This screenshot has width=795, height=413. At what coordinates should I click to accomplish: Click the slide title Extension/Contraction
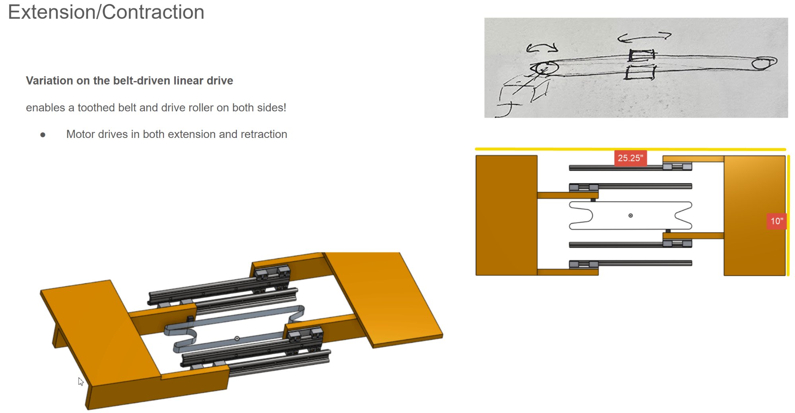coord(106,12)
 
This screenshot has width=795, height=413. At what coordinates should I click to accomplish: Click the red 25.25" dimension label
coord(630,158)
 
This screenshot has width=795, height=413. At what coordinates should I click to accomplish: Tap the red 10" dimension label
coord(776,221)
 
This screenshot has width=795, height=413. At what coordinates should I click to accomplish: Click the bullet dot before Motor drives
coord(43,135)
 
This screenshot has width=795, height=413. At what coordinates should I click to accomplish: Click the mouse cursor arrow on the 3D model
coord(81,382)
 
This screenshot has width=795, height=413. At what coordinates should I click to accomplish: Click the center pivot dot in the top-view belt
coord(630,215)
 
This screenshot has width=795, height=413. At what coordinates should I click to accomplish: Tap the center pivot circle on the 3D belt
coord(237,338)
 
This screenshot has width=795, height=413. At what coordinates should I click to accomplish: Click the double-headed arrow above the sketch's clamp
coord(644,37)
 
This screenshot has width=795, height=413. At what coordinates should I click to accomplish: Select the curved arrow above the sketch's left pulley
coord(542,48)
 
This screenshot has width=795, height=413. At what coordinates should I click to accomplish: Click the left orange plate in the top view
coord(506,215)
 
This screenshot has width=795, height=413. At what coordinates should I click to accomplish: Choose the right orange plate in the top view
coord(754,215)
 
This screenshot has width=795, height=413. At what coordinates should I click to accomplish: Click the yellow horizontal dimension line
coord(630,149)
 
